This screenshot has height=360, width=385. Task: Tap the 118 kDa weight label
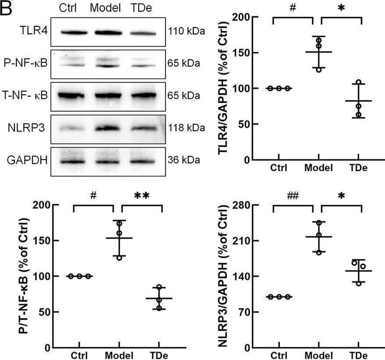(186, 128)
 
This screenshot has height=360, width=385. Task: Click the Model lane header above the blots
(107, 9)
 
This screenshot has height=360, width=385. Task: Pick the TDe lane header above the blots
(143, 9)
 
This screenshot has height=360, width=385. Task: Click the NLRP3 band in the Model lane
(107, 128)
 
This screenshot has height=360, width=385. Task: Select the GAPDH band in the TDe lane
(143, 161)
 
